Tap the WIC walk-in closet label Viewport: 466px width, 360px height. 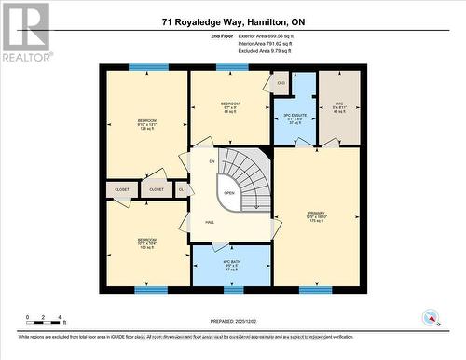[339, 105]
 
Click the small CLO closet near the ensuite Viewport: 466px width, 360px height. [281, 83]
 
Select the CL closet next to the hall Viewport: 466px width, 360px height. [182, 189]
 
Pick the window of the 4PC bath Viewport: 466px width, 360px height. [234, 289]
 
